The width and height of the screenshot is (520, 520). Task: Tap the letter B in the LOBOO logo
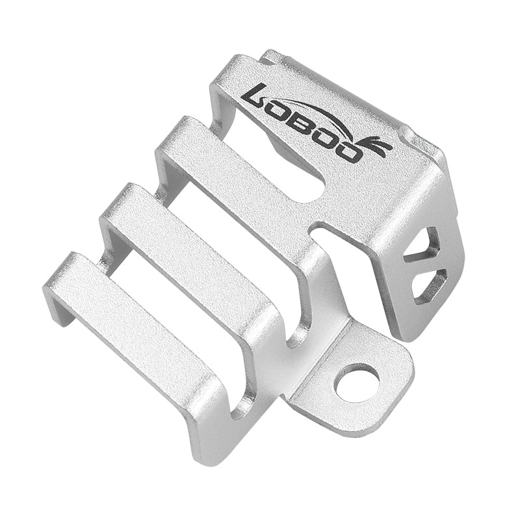click(x=307, y=127)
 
